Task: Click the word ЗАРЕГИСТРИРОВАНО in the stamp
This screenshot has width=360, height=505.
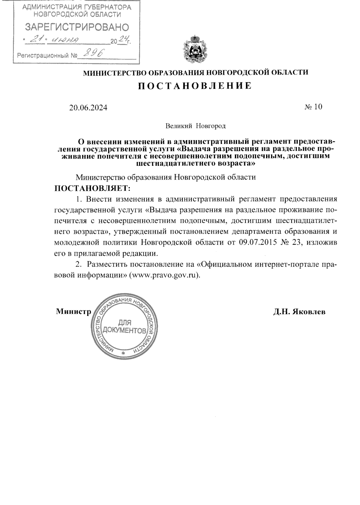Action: (77, 27)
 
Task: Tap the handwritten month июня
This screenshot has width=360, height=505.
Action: (65, 40)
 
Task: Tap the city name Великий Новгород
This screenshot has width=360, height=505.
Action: (196, 126)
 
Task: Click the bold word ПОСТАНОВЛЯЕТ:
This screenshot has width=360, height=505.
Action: (93, 188)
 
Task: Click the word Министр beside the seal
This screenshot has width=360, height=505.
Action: (73, 312)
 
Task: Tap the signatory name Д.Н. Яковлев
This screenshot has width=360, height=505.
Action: (299, 312)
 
